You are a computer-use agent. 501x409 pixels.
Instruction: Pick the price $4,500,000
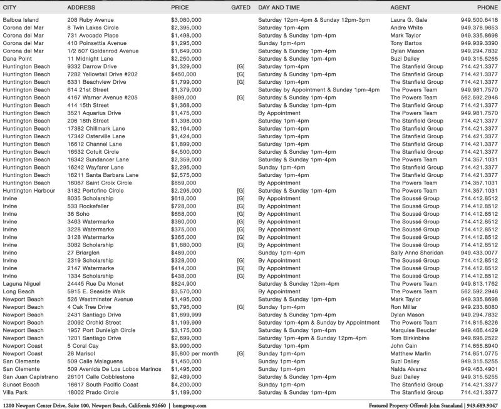[186, 151]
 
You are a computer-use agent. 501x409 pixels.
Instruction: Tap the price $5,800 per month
[195, 353]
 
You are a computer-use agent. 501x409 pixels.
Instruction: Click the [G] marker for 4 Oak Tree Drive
[240, 307]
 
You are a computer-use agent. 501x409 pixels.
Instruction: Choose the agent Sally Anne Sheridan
[417, 253]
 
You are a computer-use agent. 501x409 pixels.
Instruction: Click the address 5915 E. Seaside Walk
[96, 291]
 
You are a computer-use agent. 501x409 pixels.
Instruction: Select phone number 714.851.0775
[479, 353]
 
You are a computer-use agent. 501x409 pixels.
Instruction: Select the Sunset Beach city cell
[22, 385]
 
